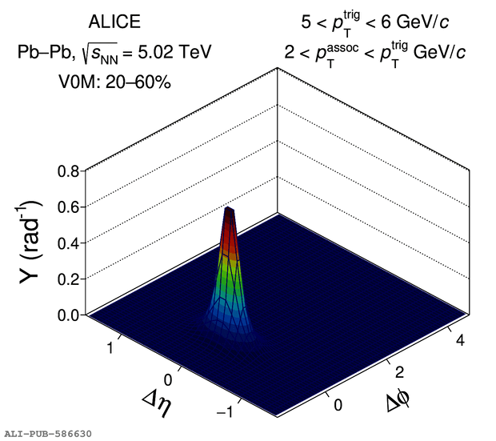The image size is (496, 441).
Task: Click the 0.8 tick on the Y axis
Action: pyautogui.click(x=66, y=172)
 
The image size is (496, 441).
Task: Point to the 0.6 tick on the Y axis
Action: pyautogui.click(x=66, y=207)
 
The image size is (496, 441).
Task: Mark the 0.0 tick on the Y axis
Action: pyautogui.click(x=66, y=315)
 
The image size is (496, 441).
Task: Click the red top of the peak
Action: pyautogui.click(x=230, y=220)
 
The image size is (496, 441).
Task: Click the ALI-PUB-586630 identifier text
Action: pyautogui.click(x=47, y=433)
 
